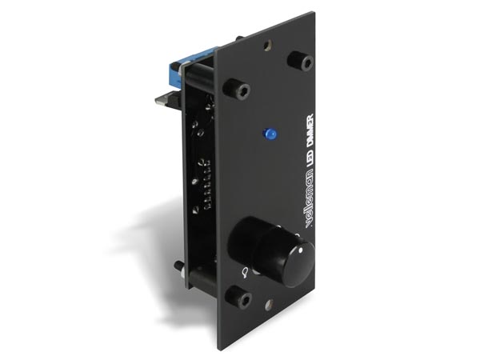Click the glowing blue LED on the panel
click(270, 134)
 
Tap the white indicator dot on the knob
click(300, 250)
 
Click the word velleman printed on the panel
click(308, 196)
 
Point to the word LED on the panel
click(309, 155)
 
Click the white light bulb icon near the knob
click(245, 273)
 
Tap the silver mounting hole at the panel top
click(268, 45)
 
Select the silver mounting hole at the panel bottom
click(269, 305)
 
